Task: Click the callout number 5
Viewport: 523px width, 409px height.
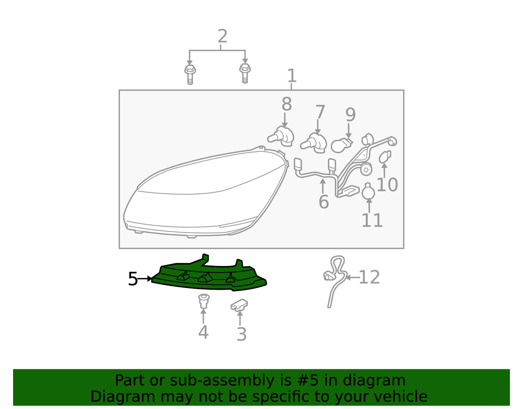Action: click(132, 279)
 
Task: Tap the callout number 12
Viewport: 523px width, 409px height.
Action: click(369, 277)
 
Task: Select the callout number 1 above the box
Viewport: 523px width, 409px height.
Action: click(292, 76)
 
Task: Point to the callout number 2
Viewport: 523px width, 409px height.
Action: click(222, 36)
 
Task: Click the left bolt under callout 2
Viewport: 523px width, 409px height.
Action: click(190, 74)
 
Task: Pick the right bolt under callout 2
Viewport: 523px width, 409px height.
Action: click(245, 73)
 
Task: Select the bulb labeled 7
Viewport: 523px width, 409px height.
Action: click(314, 143)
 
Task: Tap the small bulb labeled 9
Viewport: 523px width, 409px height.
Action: click(341, 145)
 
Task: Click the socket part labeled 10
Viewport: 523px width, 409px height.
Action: click(385, 157)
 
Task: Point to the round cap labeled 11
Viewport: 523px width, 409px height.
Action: click(368, 191)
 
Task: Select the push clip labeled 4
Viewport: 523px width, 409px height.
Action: click(204, 301)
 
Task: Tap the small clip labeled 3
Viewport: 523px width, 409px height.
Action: click(239, 305)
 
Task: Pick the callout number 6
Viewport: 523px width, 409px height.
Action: click(324, 202)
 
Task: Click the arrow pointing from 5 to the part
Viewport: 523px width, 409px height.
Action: click(145, 279)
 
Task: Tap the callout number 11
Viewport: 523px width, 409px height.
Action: click(372, 220)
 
